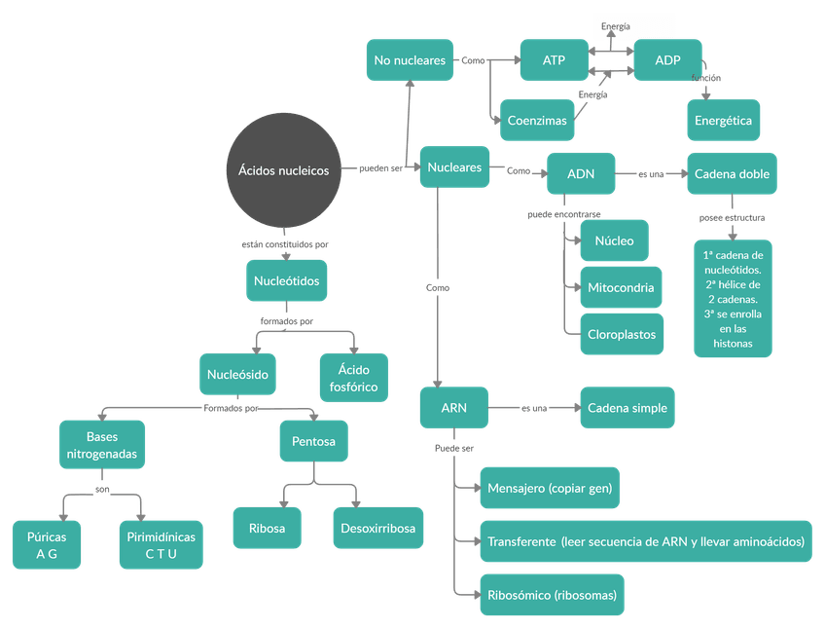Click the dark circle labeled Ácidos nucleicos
(283, 170)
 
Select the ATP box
(554, 60)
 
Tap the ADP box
(667, 60)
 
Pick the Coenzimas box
(536, 121)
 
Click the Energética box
(723, 121)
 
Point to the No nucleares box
(410, 60)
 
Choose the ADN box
(581, 174)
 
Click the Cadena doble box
(732, 174)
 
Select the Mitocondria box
(622, 287)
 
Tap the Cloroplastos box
(622, 334)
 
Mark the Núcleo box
(614, 240)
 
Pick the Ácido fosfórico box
(353, 378)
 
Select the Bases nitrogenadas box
(102, 445)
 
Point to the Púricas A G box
(47, 545)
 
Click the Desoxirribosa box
(377, 529)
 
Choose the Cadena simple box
(628, 409)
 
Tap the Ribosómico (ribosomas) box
(551, 594)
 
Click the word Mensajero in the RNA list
(516, 488)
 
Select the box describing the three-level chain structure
(732, 297)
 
